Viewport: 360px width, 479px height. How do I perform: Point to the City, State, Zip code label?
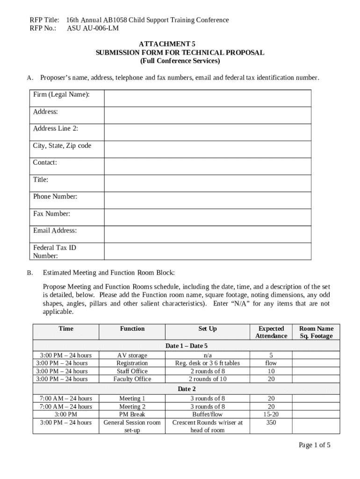click(x=62, y=146)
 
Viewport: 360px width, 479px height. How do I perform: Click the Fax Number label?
click(x=51, y=214)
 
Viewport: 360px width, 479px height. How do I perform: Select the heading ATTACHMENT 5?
click(x=180, y=44)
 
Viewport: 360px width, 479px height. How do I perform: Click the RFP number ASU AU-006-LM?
click(x=93, y=28)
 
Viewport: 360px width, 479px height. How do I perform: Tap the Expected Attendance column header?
click(x=271, y=332)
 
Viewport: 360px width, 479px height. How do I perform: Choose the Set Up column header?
click(x=208, y=329)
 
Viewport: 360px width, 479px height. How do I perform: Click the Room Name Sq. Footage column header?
click(x=316, y=332)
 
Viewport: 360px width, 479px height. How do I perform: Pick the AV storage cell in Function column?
click(x=132, y=356)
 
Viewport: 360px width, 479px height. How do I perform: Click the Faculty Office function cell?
click(x=132, y=379)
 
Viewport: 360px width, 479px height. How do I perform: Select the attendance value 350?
click(x=271, y=422)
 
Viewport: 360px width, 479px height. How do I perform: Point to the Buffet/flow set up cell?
click(x=208, y=414)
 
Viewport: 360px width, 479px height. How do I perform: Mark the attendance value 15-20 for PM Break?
click(x=271, y=414)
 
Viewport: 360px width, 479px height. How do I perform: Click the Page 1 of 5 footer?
click(x=315, y=445)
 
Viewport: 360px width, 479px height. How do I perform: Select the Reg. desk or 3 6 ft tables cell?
click(x=208, y=363)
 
